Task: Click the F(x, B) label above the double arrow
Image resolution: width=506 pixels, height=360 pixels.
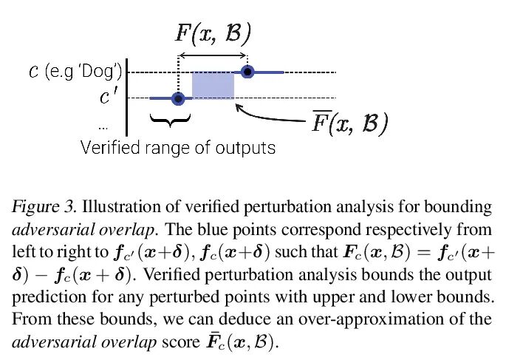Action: point(213,33)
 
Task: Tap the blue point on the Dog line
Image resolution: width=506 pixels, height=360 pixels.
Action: point(247,72)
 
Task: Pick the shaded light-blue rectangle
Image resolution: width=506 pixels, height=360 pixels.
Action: point(213,85)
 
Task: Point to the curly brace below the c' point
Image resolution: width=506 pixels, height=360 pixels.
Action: point(170,118)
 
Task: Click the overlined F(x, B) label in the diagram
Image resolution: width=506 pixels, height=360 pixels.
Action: point(348,123)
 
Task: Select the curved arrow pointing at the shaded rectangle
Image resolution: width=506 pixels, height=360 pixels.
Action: point(270,115)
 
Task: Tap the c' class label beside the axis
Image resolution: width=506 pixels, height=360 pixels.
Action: point(109,97)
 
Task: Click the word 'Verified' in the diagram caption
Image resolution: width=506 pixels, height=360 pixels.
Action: point(112,147)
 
